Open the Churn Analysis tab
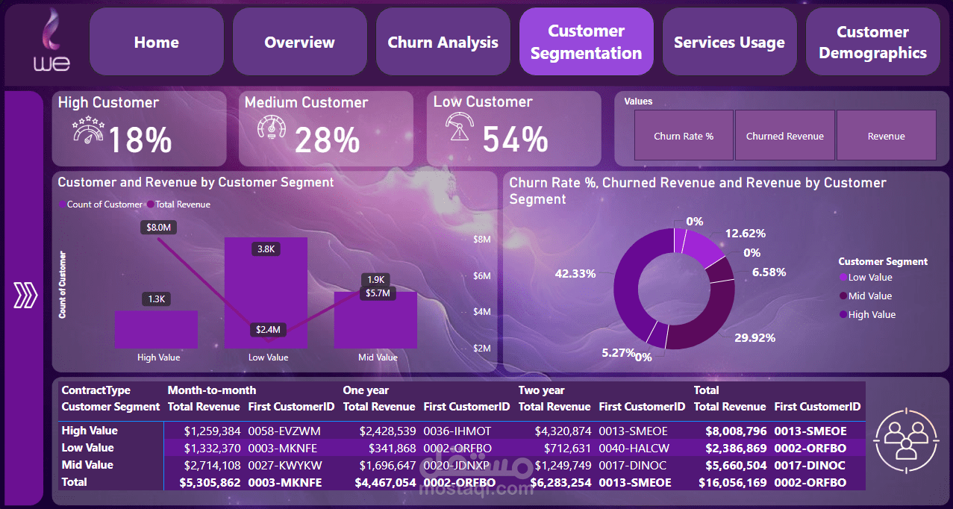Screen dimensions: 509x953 (443, 42)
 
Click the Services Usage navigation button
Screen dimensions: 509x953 (729, 42)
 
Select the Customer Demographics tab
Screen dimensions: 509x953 (872, 42)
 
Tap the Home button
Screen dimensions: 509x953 (156, 42)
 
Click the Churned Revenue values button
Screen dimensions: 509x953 (785, 136)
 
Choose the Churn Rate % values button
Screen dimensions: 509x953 (684, 136)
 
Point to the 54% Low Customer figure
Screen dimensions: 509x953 (515, 140)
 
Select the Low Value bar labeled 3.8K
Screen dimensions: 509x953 (266, 299)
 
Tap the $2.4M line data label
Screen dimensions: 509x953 (268, 329)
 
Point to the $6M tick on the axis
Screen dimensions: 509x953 (481, 276)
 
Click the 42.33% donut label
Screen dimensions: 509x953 (575, 274)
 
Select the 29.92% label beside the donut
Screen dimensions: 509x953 (754, 337)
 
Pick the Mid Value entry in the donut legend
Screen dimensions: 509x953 (869, 296)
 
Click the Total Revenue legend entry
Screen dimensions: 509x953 (182, 204)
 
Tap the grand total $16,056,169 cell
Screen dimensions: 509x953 (729, 483)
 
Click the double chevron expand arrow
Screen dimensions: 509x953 (25, 296)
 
